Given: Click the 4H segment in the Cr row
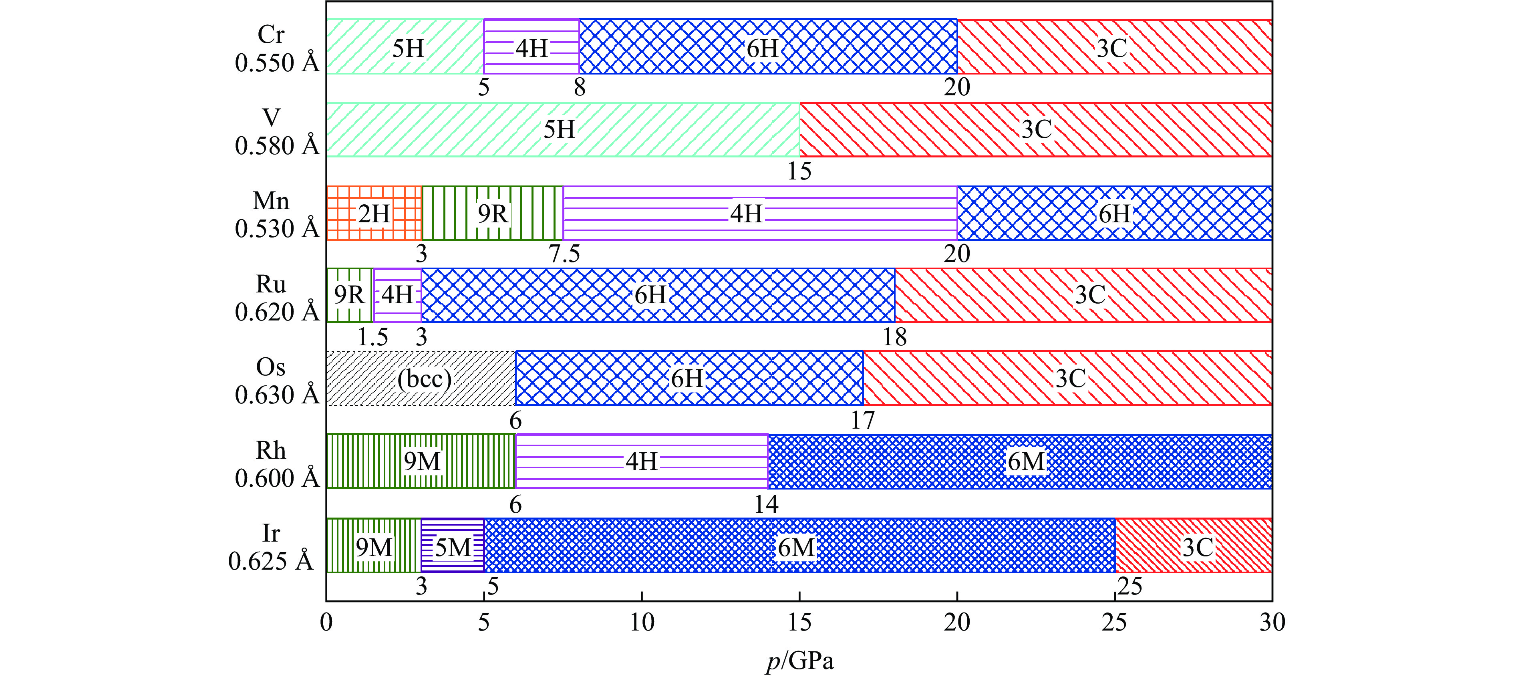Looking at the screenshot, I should click(x=532, y=47).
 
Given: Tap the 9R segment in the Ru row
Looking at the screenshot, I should click(x=350, y=295).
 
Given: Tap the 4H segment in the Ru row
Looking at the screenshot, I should click(x=397, y=295).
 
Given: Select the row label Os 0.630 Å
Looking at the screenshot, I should click(x=276, y=381).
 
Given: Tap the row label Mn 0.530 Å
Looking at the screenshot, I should click(x=276, y=214).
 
